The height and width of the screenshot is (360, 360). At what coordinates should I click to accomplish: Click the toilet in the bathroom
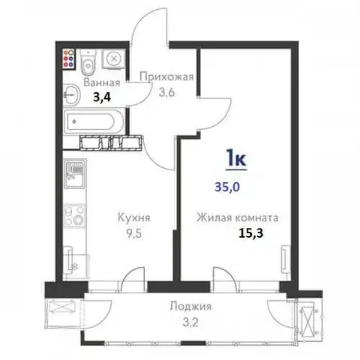pos(88,61)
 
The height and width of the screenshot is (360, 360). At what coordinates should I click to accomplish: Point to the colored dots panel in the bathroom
pos(68,59)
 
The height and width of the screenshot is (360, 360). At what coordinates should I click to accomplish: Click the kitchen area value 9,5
pos(133,232)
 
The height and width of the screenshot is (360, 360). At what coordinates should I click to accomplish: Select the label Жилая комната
pos(237,218)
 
